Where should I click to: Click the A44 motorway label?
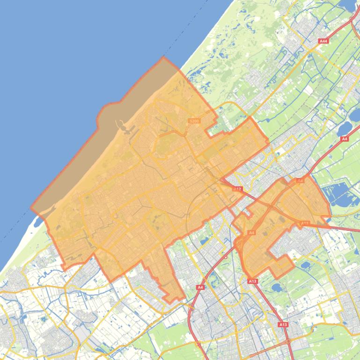point(323,41)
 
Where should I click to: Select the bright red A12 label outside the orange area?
point(238,189)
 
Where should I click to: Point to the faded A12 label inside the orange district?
point(305,223)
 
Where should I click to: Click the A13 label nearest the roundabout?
point(283,324)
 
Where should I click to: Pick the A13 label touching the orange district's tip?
point(252,281)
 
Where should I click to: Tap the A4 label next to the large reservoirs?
point(345,139)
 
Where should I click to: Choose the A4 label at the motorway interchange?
point(251,232)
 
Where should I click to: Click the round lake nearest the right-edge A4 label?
point(345,127)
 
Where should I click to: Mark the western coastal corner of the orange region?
point(32,209)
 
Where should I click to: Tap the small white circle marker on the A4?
point(226,257)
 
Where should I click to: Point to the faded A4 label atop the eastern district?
point(300,180)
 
